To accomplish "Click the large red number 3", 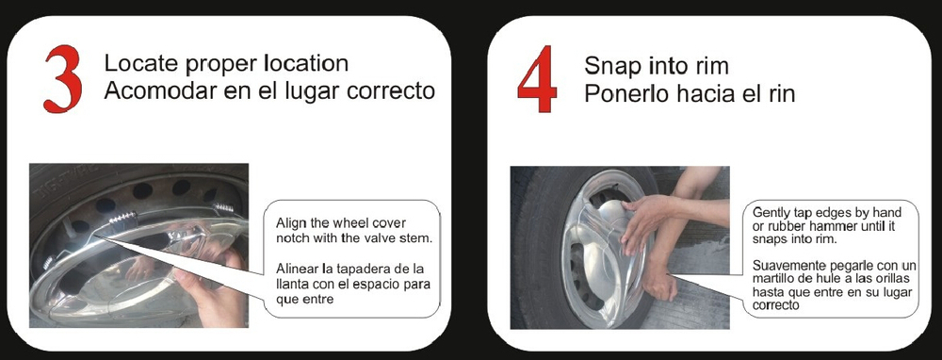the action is pos(63,79).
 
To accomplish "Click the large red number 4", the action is pos(538,79).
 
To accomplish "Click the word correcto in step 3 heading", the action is pos(391,91).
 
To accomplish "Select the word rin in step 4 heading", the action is pos(782,93).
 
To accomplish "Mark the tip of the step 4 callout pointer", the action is pos(669,275).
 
